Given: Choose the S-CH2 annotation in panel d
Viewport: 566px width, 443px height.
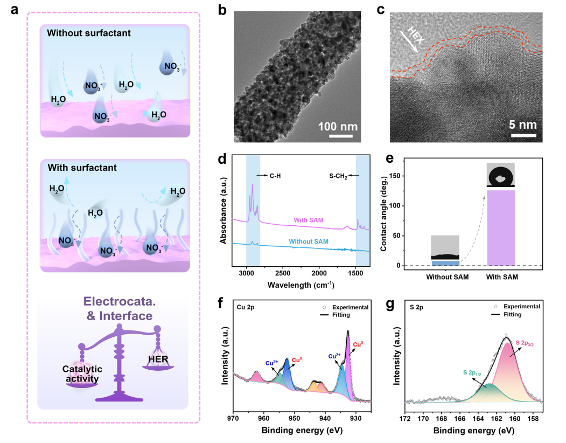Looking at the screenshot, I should point(338,176).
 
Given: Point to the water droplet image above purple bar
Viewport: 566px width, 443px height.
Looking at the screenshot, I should point(500,175).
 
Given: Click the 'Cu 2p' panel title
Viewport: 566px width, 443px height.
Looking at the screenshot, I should point(247,307).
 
